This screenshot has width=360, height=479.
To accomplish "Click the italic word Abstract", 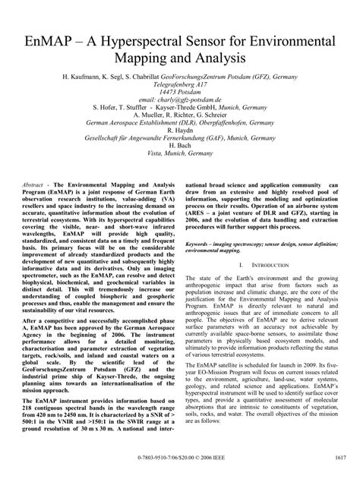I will pyautogui.click(x=34, y=186).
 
